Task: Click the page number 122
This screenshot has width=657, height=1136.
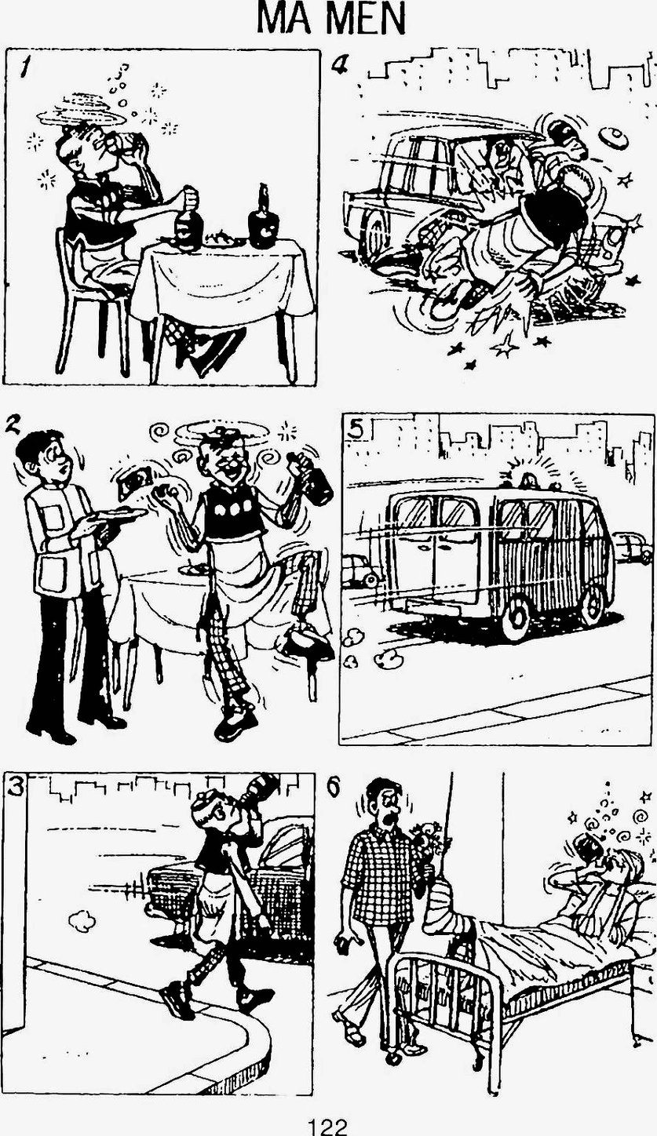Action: [329, 1127]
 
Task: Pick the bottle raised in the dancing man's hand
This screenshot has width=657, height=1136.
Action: [311, 475]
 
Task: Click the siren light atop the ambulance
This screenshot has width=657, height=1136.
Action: [527, 479]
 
